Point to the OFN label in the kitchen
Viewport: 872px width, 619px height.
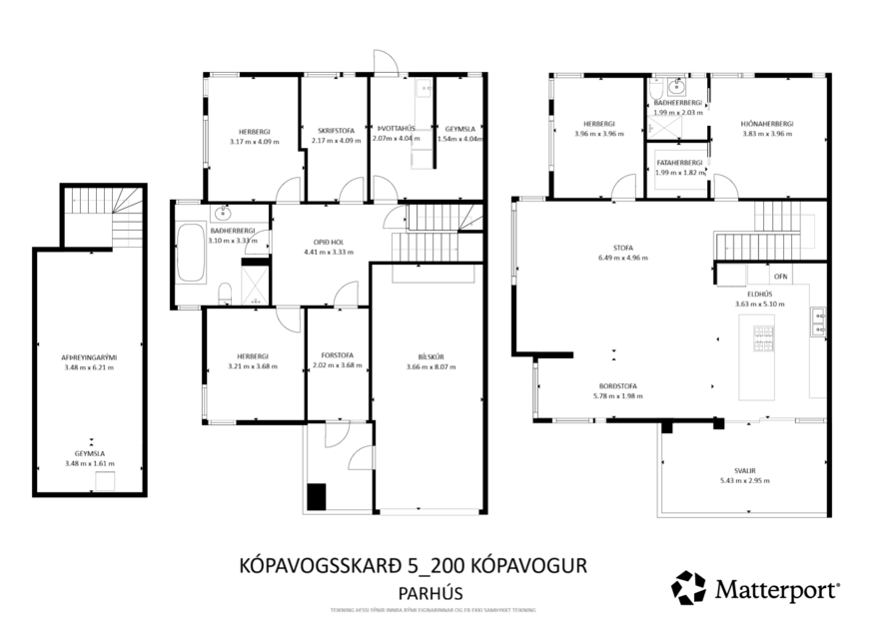point(781,277)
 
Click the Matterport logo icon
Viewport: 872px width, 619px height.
point(688,588)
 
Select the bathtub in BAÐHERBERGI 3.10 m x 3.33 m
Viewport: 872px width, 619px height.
point(191,255)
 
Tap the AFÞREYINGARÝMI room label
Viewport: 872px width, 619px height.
point(90,356)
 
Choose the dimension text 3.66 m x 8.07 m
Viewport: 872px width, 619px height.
point(432,366)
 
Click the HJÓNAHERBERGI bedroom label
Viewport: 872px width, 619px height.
point(766,124)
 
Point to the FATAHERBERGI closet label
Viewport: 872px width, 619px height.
point(679,162)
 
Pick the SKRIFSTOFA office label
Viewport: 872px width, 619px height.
point(337,131)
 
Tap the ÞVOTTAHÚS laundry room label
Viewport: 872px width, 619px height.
point(396,129)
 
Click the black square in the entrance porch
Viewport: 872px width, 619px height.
point(317,496)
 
